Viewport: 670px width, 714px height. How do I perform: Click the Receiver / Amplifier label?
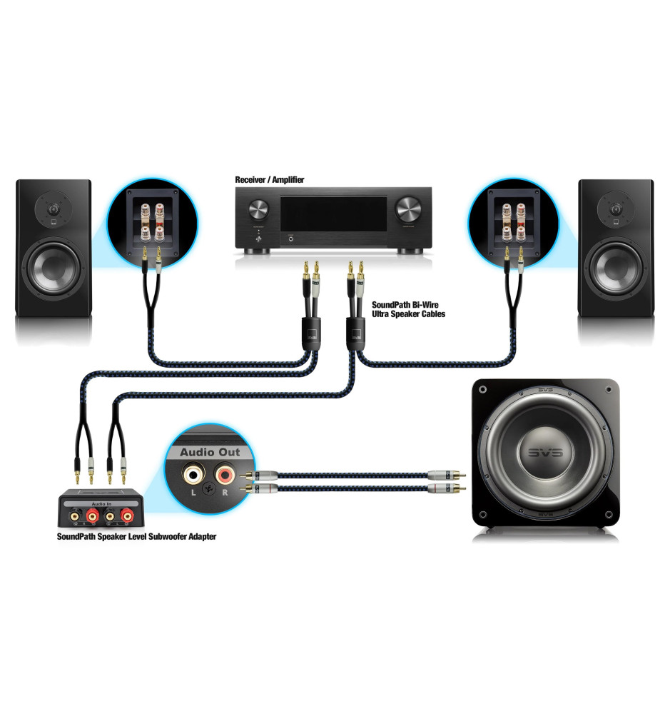[270, 180]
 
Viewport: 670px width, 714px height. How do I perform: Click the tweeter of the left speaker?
[54, 209]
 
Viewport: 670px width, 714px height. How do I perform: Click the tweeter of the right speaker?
[616, 209]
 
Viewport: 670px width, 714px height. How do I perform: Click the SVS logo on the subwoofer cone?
[546, 453]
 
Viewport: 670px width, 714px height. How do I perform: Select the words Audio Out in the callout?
[205, 452]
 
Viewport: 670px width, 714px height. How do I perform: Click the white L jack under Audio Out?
[192, 473]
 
